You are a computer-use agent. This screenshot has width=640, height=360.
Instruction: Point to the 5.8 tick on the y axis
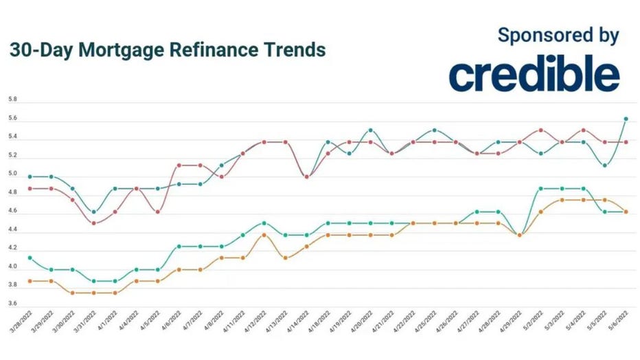click(x=12, y=100)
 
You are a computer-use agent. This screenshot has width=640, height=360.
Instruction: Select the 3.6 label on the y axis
click(x=12, y=303)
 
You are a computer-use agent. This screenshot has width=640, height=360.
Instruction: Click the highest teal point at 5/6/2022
click(x=626, y=119)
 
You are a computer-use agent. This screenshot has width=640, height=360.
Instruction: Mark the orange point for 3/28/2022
click(x=30, y=281)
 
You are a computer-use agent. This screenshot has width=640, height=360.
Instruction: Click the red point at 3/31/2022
click(x=93, y=223)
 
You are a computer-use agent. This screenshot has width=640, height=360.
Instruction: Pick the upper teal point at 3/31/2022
click(x=93, y=212)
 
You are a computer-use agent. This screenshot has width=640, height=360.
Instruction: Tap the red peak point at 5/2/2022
click(x=541, y=130)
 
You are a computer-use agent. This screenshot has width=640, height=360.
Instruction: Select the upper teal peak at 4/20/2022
click(x=371, y=130)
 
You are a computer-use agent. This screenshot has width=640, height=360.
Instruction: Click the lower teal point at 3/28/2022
click(x=30, y=258)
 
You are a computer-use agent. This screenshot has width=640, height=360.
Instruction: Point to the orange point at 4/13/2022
click(x=285, y=258)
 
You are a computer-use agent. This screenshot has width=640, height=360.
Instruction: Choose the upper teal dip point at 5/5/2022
click(x=604, y=165)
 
